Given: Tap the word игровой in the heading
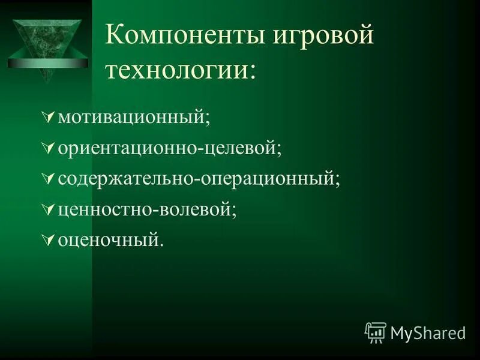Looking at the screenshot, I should pos(323,37).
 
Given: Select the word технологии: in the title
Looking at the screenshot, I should pos(180,70).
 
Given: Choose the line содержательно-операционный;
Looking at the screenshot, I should pos(199,179).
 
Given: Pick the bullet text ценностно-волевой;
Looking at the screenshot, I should pos(147,210).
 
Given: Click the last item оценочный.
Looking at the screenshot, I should pos(110,241).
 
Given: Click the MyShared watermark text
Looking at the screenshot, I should pos(428,333).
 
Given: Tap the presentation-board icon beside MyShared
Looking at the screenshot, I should pos(375,332).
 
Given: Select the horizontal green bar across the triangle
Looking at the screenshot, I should pos(48,63).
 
